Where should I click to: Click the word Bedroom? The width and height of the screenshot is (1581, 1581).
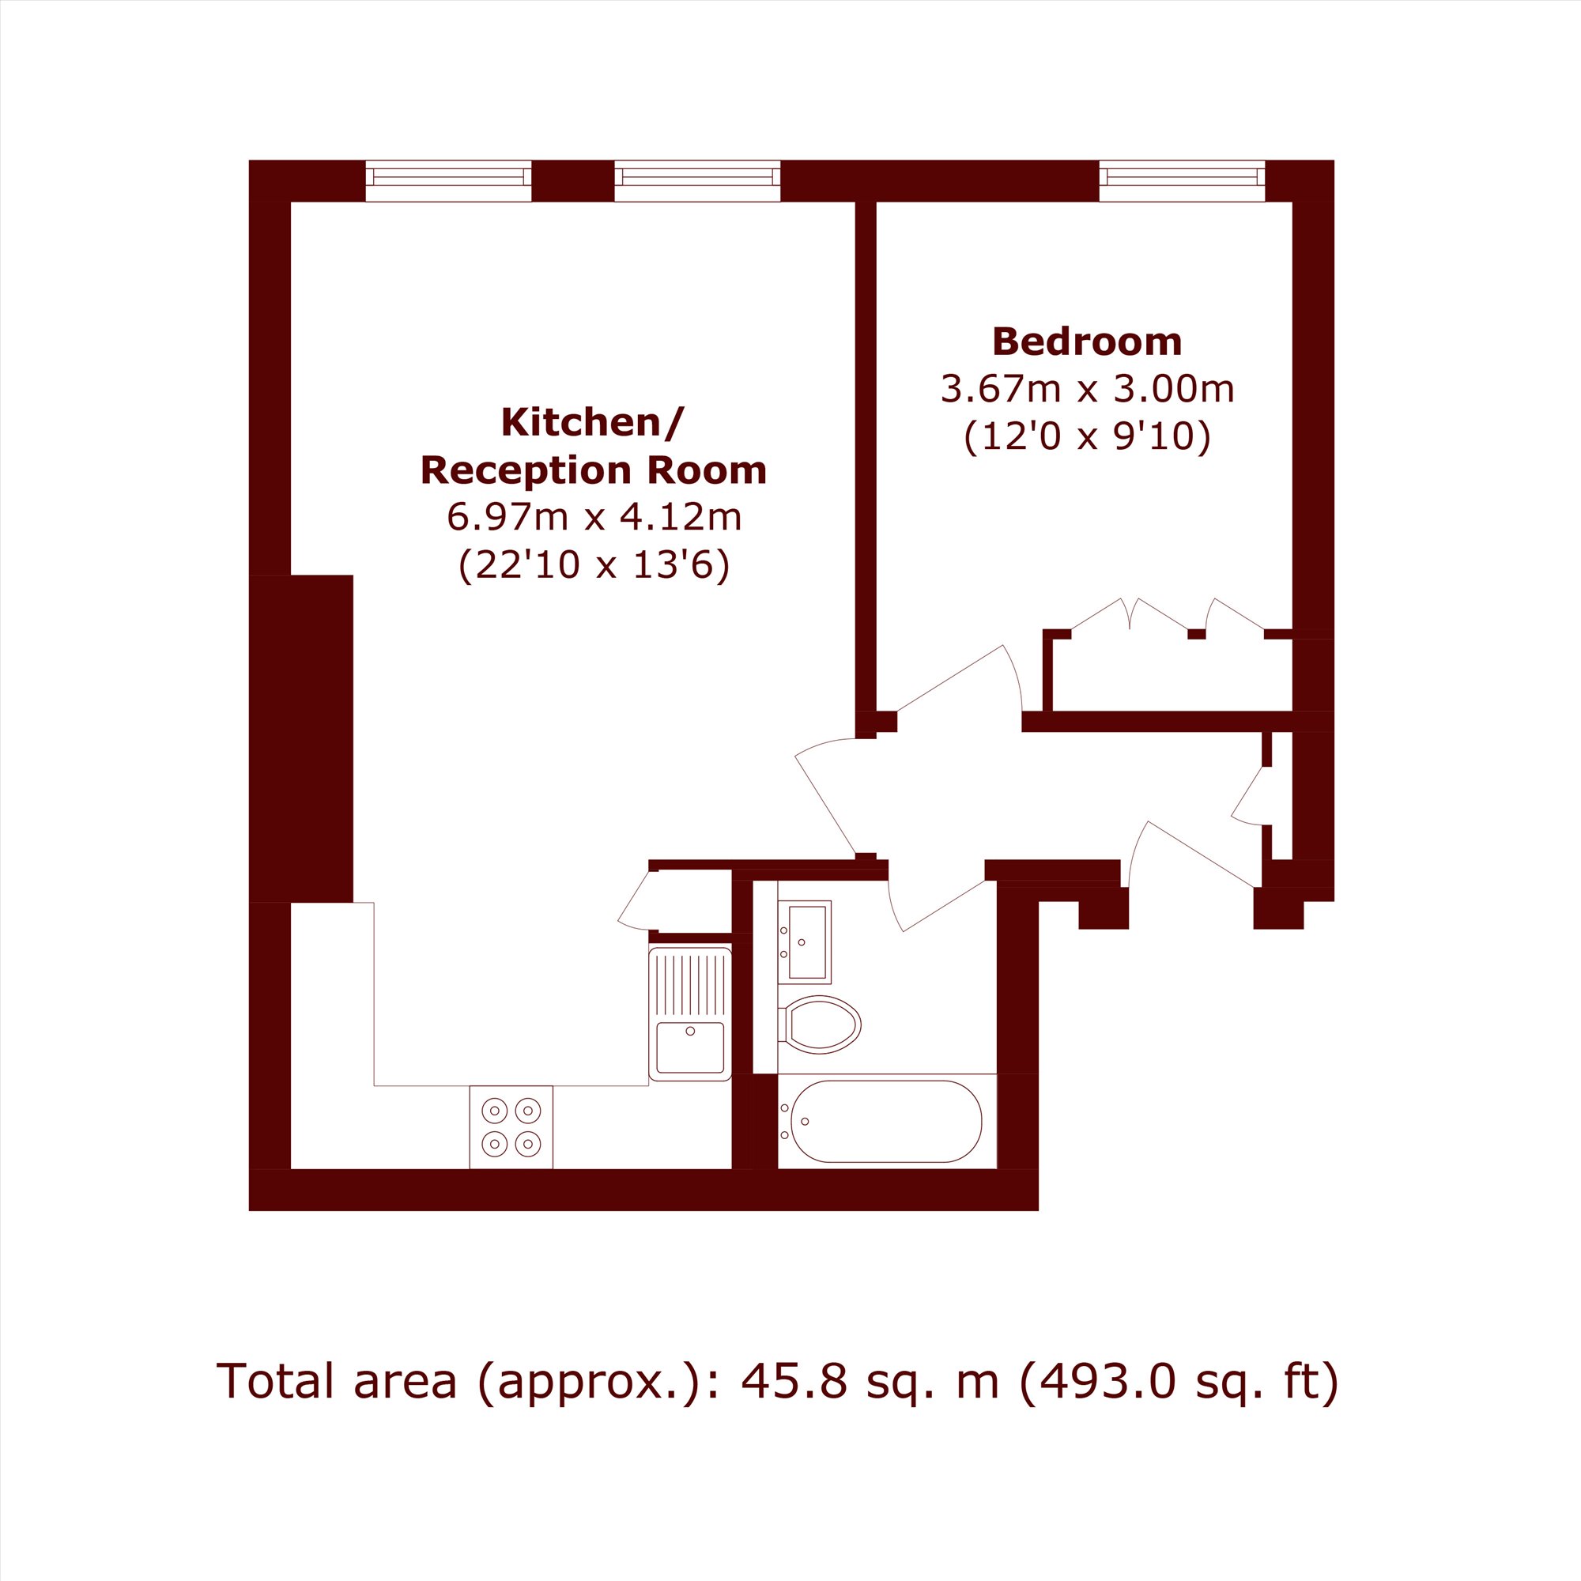pos(1087,342)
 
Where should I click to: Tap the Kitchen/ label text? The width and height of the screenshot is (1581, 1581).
pos(591,422)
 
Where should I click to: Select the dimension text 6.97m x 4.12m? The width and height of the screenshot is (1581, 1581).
pos(594,516)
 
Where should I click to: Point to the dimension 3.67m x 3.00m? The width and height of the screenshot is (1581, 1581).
pos(1087,389)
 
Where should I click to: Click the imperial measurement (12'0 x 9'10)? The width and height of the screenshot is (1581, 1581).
pos(1087,436)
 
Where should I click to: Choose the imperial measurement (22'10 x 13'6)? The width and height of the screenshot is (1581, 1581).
pos(594,564)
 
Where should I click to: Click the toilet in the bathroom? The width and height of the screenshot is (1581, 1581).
pos(819,1024)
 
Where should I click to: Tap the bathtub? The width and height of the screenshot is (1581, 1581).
pos(886,1122)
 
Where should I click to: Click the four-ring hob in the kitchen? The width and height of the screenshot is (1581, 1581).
pos(511,1126)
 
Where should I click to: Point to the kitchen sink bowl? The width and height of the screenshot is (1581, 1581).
pos(690,1047)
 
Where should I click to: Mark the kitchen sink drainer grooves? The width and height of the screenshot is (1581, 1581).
pos(690,984)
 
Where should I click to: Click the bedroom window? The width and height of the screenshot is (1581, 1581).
pos(1183,180)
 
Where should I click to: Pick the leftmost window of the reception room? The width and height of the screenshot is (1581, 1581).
pos(448,180)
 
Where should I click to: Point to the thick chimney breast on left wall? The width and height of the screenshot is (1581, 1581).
pos(301,738)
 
